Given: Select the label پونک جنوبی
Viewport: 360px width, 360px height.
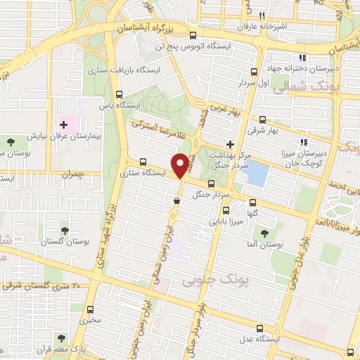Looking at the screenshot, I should click(x=207, y=281).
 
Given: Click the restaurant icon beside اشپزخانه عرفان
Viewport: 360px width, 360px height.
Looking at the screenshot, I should click(x=261, y=15).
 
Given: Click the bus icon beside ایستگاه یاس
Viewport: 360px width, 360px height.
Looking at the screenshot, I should click(x=118, y=94).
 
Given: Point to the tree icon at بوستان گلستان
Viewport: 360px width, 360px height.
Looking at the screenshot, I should click(x=65, y=231).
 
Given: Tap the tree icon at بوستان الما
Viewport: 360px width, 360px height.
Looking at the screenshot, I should click(x=264, y=233).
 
